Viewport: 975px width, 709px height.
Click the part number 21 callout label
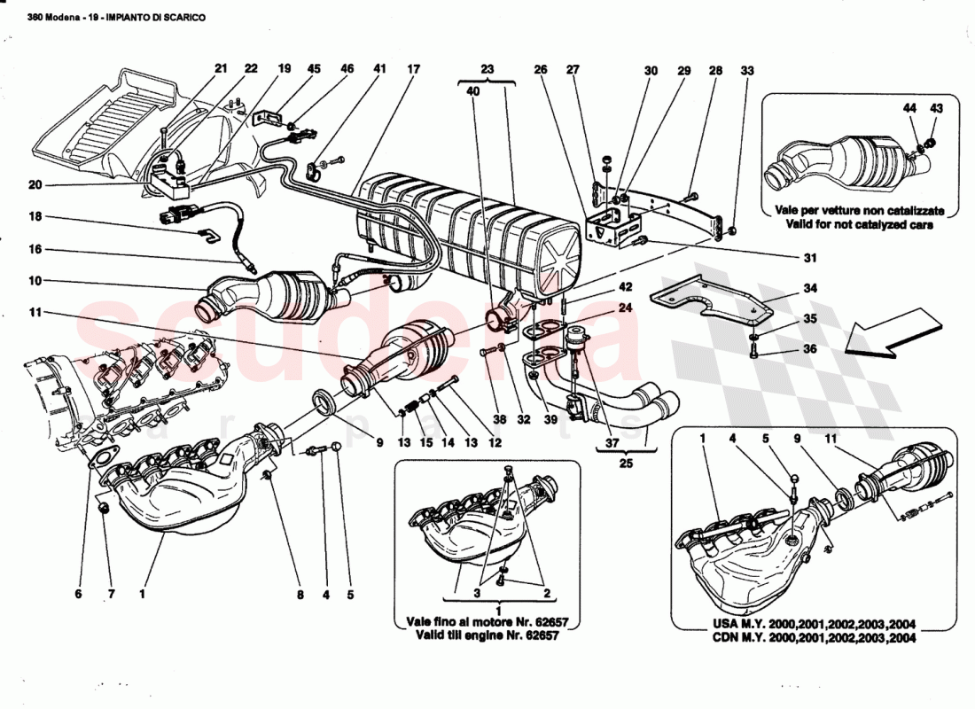pos(221,68)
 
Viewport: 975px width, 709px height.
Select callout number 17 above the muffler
pos(413,68)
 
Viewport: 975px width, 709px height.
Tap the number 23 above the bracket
pos(487,68)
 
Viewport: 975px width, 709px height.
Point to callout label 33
pos(746,70)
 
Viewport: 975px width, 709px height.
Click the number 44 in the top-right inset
pos(910,107)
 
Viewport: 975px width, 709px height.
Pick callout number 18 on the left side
pos(35,216)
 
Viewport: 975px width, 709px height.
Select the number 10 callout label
pos(35,282)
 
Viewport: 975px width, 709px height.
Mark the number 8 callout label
pos(300,595)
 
